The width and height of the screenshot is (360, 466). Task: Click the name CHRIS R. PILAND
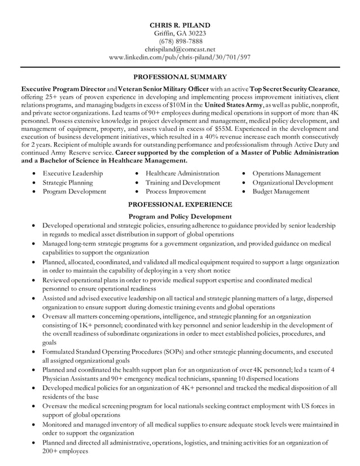coord(179,25)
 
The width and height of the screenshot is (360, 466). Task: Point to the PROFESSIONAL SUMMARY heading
coord(179,77)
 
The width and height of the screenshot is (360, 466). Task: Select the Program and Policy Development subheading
coord(179,216)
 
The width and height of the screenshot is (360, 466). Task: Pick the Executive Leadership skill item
coord(73,173)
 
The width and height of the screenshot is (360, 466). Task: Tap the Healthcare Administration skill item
coord(182,173)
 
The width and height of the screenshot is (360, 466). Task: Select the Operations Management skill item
coord(287,173)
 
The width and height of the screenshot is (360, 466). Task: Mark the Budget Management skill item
coord(280,191)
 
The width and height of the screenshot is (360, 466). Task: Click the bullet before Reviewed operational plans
coord(36,280)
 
